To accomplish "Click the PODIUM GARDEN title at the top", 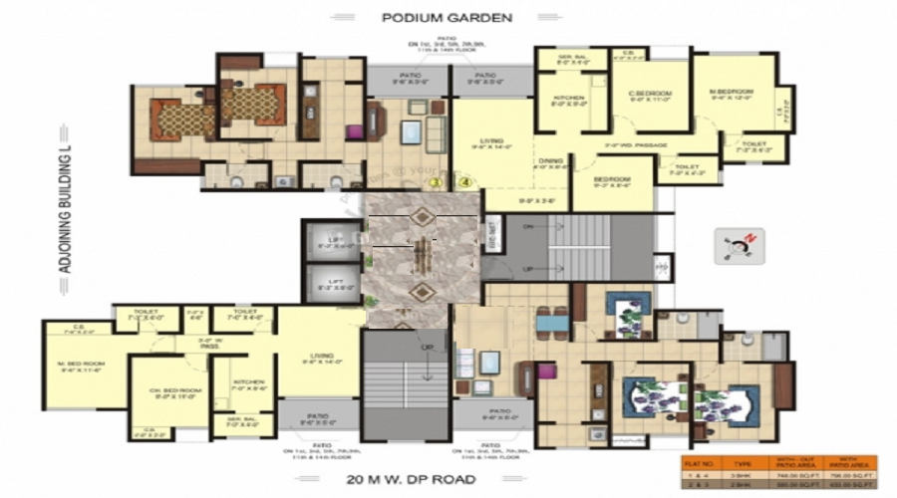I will point(448,16).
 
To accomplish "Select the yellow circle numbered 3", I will point(435,182).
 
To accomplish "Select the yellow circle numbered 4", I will point(463,182).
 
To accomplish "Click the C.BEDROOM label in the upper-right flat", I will point(651,96).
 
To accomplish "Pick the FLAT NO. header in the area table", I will point(701,464).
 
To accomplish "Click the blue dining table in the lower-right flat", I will point(547,321).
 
